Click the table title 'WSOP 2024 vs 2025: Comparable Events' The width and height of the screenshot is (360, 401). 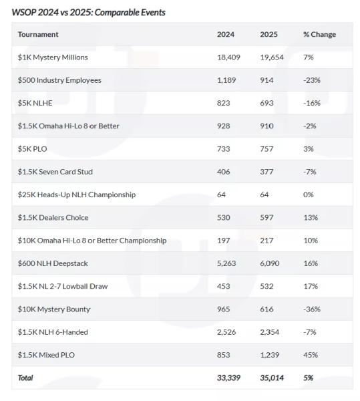(88, 12)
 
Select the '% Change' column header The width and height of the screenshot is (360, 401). (319, 34)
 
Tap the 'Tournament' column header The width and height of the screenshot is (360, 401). (38, 34)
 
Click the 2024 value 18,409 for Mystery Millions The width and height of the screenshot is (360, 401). (228, 57)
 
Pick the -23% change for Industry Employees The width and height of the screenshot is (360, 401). (312, 80)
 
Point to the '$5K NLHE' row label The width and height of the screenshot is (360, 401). (35, 103)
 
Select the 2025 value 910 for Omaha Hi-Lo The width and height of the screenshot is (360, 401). (266, 126)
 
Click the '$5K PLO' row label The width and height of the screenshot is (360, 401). (33, 149)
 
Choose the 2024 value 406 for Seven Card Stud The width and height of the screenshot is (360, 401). (223, 172)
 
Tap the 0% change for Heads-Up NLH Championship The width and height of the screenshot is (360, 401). (308, 194)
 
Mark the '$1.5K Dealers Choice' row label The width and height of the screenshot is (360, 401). (53, 218)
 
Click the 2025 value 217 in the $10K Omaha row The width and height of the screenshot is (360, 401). (266, 241)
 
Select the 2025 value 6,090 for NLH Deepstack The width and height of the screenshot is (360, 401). (270, 263)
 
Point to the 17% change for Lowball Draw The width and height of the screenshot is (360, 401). (311, 286)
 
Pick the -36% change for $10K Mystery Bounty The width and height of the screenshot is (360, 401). (312, 309)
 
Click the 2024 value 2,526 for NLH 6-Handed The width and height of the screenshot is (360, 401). (226, 332)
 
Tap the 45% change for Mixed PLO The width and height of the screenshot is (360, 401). (311, 355)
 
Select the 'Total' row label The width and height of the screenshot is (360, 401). (25, 378)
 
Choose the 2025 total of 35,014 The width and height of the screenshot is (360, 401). (272, 378)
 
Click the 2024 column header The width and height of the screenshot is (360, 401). (226, 34)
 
